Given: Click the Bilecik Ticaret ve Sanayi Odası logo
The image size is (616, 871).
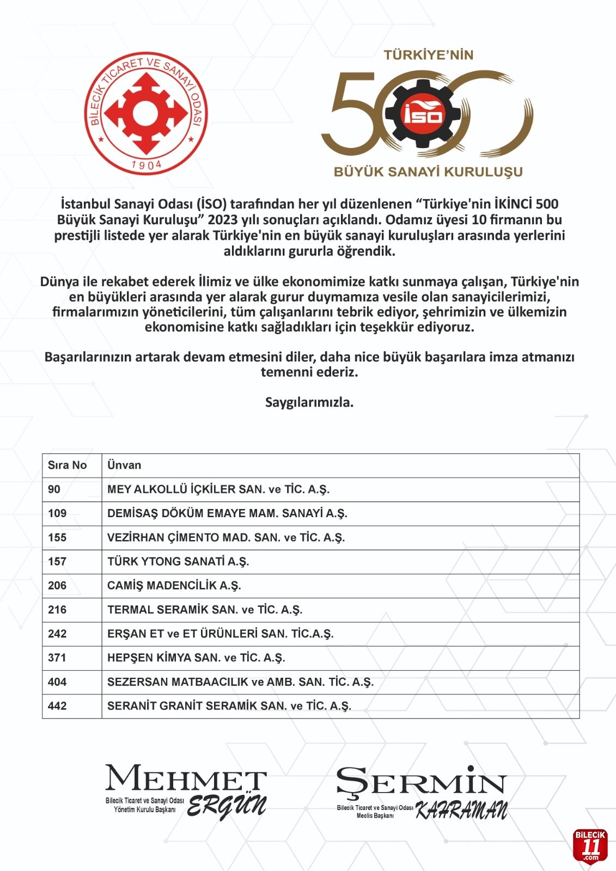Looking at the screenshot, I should pos(146,114).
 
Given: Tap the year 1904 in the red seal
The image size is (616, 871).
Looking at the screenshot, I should pos(147,164).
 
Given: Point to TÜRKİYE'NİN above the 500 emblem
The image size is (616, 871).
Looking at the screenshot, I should pos(428,55).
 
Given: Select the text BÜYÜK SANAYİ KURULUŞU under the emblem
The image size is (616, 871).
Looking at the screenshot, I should pos(428,172).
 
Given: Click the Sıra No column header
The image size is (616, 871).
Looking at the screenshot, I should pos(68,465).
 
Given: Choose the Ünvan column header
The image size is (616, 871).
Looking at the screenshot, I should pos(124,465).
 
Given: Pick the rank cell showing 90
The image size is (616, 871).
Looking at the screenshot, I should pos(54,489).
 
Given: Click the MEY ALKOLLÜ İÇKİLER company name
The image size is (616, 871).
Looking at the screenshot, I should pos(218,489).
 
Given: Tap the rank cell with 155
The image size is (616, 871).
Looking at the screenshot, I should pos(57,538).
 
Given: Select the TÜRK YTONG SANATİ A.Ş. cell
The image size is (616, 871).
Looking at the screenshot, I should pos(178,562).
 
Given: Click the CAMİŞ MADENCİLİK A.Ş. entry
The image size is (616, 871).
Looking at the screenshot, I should pos(174,586).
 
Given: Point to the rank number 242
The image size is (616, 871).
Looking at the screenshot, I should pos(57,634).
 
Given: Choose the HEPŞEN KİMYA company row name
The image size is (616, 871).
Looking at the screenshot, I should pos(196,658).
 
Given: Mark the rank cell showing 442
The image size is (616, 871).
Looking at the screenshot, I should pos(57,706).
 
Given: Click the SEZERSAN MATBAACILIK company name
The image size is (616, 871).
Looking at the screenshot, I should pos(240,682).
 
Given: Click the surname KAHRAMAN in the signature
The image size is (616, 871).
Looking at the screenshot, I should pos(461,811).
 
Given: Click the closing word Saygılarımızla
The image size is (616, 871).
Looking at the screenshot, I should pos(309,403).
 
